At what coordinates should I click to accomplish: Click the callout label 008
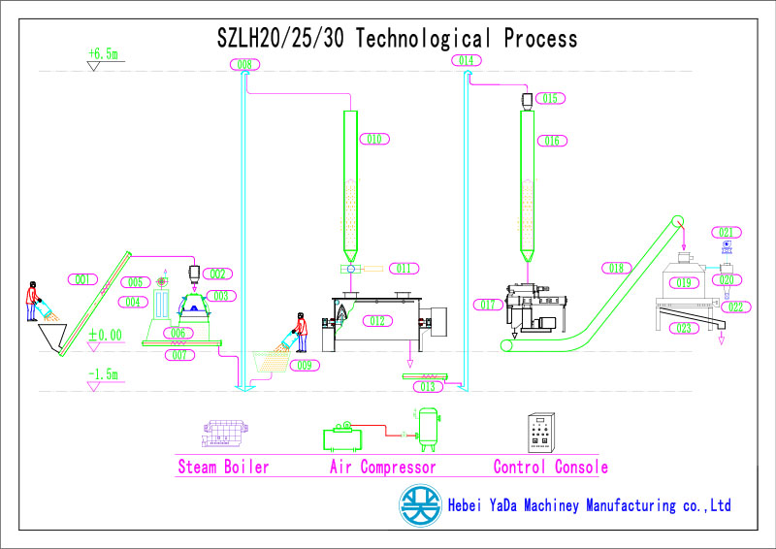pos(244,65)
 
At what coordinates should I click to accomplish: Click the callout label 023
pos(684,329)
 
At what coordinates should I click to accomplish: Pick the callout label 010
pos(373,139)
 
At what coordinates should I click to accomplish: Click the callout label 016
pos(552,141)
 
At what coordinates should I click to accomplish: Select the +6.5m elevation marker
pos(102,54)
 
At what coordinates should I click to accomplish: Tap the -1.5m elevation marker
pos(102,373)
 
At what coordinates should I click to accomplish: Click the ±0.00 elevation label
pos(106,335)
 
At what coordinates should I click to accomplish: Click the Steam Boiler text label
pos(223,467)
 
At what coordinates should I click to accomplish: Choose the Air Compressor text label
pos(383,467)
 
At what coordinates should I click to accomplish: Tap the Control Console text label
pos(550,467)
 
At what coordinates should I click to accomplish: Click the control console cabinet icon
pos(539,433)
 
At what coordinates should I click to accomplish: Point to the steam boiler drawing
pos(222,434)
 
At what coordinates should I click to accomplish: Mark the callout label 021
pos(727,232)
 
